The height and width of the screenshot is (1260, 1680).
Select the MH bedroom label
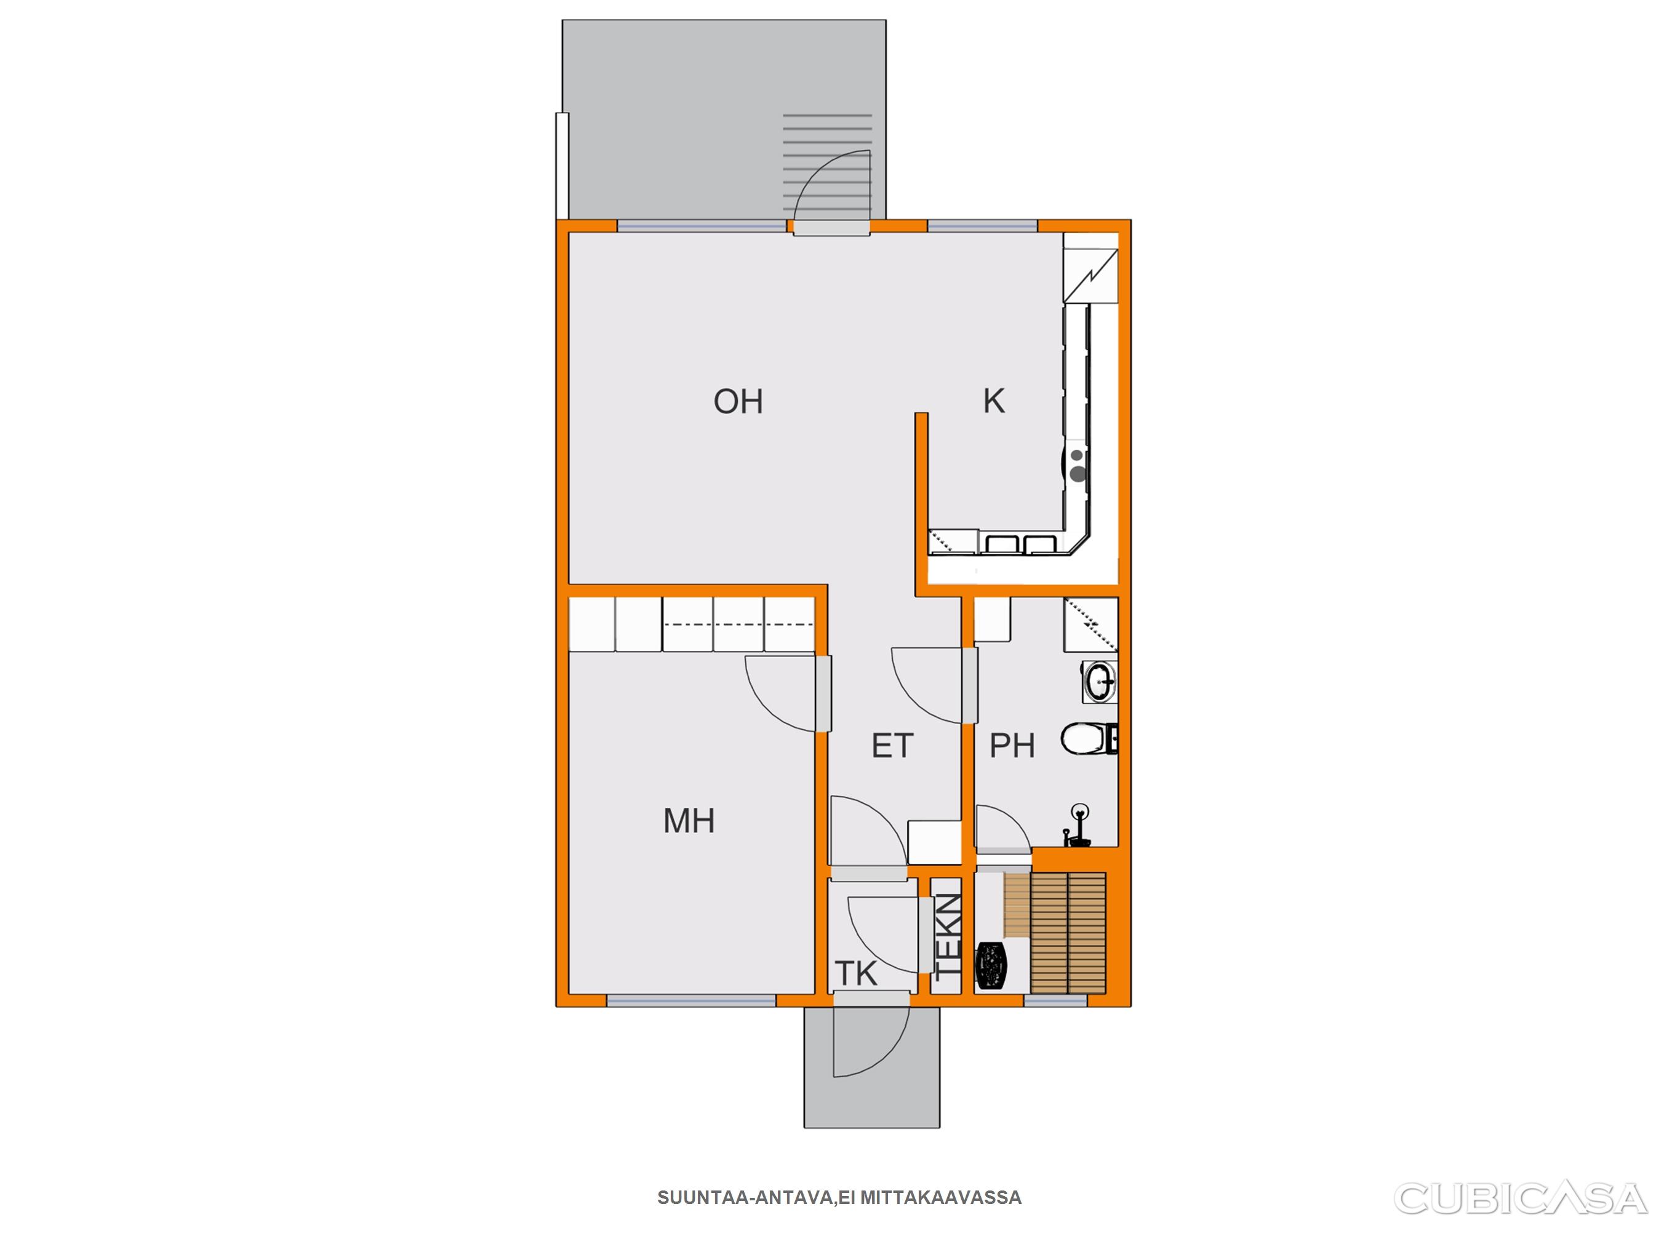coord(689,821)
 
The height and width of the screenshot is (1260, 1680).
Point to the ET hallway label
coord(892,746)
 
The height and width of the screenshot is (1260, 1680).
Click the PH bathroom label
coord(1012,746)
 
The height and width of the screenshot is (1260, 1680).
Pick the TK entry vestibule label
coord(856,974)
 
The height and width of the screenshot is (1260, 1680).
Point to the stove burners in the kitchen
coord(1077,466)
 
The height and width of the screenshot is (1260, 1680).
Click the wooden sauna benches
coord(1068,933)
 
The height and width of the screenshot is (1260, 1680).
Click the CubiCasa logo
coord(1521,1198)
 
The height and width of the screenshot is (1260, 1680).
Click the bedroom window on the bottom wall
coord(691,1001)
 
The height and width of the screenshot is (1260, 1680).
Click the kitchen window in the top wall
coord(983,226)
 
